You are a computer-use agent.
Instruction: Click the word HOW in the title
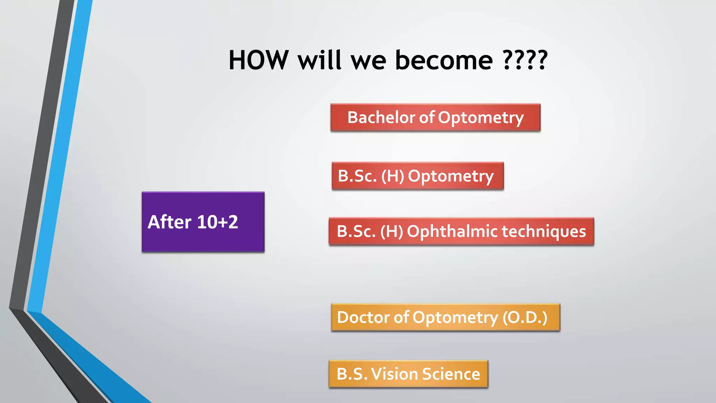[x=259, y=60]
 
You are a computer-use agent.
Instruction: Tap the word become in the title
[x=444, y=60]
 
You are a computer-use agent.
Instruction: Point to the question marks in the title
[x=525, y=60]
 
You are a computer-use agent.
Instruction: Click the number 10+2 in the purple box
[x=217, y=222]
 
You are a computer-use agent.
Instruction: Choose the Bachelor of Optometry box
[x=435, y=118]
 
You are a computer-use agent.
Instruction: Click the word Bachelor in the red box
[x=381, y=118]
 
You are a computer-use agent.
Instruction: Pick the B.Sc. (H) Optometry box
[x=417, y=176]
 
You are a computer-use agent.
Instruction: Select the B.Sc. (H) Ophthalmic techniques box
[x=461, y=232]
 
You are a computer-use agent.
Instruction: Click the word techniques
[x=544, y=232]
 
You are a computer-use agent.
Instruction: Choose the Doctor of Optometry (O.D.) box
[x=445, y=318]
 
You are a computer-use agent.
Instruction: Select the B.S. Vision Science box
[x=408, y=374]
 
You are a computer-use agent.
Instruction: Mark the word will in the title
[x=319, y=60]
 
